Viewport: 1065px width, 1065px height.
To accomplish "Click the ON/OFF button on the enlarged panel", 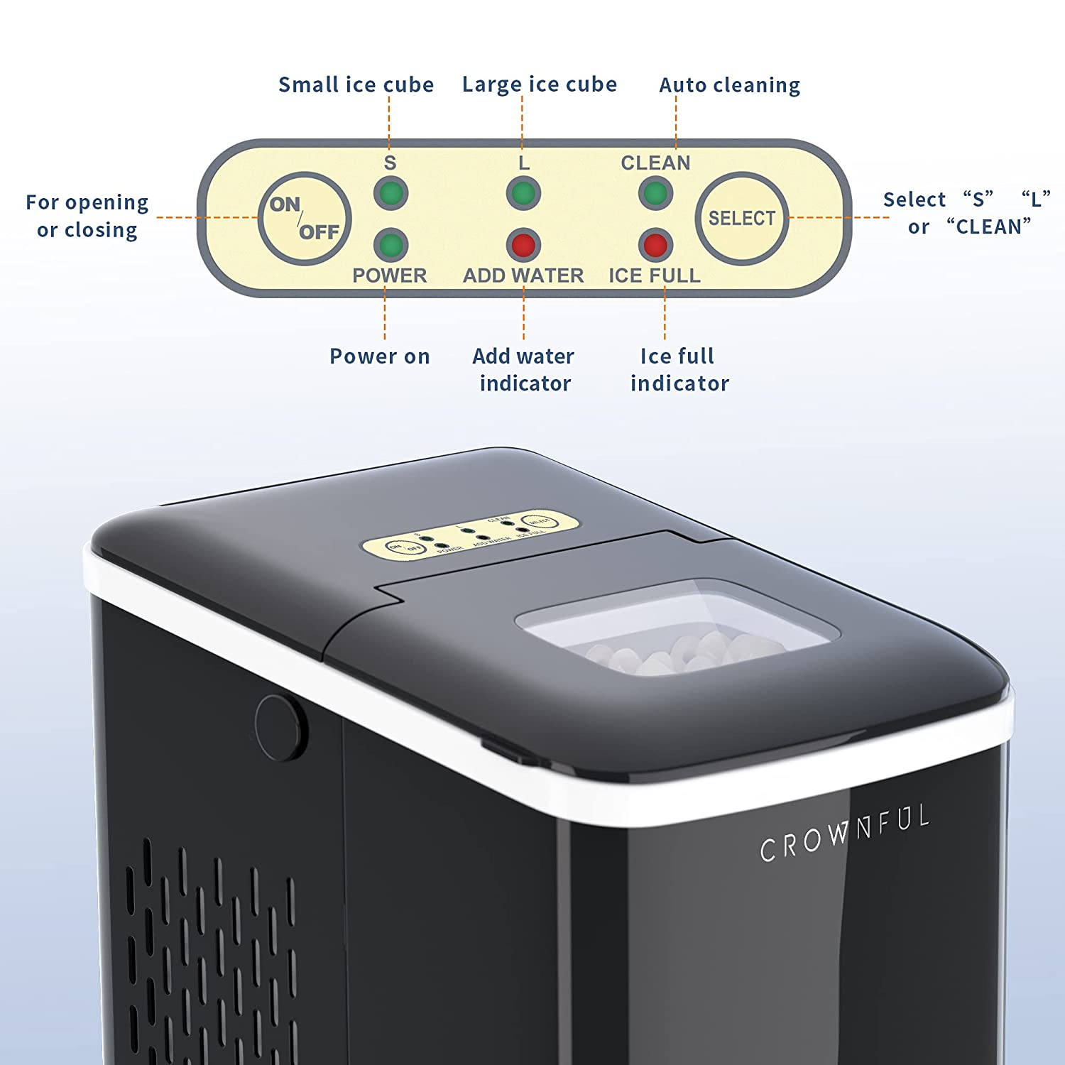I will point(304,219).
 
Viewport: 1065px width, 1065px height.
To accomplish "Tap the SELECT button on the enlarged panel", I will point(741,219).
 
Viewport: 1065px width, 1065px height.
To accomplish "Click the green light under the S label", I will point(390,193).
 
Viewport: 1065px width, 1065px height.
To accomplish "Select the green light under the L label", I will point(523,193).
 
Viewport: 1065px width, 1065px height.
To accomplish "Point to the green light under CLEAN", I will point(655,193).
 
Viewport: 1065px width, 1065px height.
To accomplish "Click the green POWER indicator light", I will point(390,245).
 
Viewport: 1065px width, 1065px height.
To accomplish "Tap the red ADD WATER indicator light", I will point(523,245).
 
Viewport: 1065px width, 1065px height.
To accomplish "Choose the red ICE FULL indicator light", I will point(655,245).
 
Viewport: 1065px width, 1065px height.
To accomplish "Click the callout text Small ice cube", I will point(356,85).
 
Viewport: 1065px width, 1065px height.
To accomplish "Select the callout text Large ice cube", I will point(539,85).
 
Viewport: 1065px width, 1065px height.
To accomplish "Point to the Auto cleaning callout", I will point(729,85).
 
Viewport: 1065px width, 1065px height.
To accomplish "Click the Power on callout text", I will point(379,356).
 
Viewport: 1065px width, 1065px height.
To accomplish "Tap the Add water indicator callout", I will point(524,369).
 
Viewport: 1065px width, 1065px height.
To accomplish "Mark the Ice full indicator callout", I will point(679,369).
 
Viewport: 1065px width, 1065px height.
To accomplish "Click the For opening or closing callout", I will point(87,216).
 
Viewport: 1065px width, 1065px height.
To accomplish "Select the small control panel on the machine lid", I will point(470,534).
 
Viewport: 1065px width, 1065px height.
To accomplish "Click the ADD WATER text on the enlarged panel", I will point(523,275).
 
